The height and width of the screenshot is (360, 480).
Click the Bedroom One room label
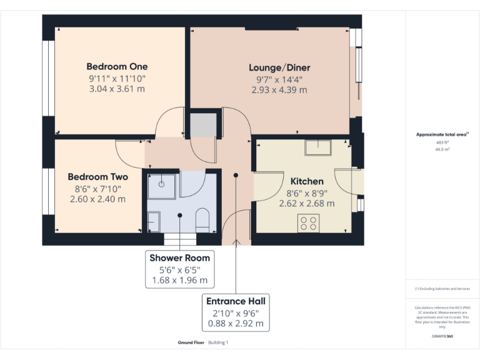tap(117, 67)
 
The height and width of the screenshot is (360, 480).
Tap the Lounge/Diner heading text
tap(279, 67)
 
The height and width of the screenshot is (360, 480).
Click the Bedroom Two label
tap(98, 177)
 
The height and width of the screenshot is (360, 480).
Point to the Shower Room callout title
tap(179, 257)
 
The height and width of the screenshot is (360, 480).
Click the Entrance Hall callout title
tap(236, 301)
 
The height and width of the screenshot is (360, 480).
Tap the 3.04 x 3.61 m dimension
tap(117, 89)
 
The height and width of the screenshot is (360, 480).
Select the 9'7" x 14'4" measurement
tap(279, 79)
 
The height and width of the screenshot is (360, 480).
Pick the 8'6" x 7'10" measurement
tap(98, 188)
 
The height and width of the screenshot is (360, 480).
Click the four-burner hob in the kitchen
tap(308, 223)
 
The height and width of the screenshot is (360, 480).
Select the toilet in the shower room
tap(202, 220)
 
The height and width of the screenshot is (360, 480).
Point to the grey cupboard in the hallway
tap(202, 125)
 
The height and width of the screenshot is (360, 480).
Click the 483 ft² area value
tap(442, 142)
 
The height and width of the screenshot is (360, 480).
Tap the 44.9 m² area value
tap(442, 150)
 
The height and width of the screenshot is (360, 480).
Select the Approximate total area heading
tap(442, 134)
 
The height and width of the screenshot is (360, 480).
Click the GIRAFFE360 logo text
tap(442, 337)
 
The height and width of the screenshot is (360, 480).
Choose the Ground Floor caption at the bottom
tap(191, 343)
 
